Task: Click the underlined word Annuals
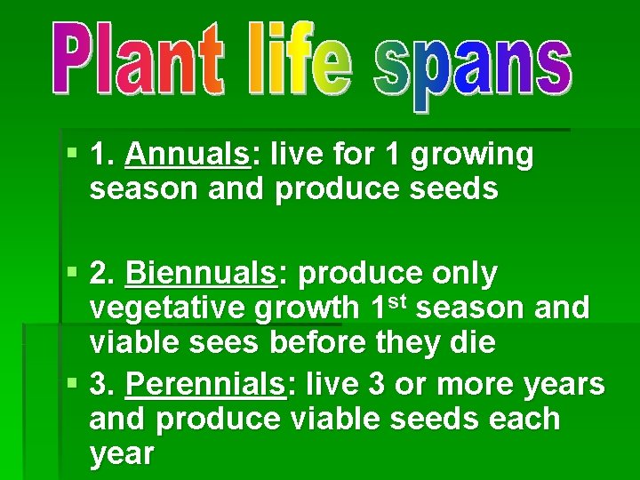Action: tap(188, 155)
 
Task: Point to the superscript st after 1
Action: tap(396, 300)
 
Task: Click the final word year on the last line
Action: tap(122, 454)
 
